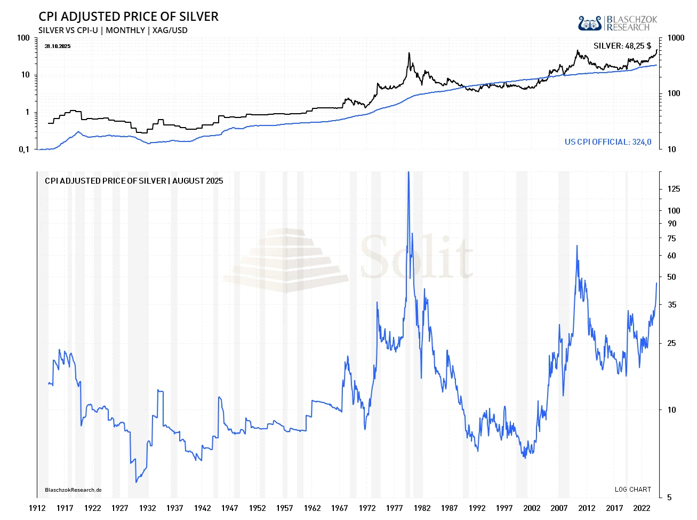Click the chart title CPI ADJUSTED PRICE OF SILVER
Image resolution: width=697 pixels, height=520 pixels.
tap(129, 17)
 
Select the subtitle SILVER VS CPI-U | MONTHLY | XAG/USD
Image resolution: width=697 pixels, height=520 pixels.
tap(113, 30)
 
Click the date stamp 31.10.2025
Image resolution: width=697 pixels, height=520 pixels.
tap(58, 46)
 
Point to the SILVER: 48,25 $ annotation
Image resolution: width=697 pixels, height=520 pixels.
tap(622, 46)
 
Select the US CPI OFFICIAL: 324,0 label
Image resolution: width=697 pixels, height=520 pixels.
tap(608, 142)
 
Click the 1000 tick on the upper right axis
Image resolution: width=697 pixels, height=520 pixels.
tap(676, 38)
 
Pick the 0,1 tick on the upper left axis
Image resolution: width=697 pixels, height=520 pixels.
tap(24, 149)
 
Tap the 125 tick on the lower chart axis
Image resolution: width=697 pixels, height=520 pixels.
tap(674, 189)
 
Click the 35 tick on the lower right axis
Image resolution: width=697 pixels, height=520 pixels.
tap(671, 305)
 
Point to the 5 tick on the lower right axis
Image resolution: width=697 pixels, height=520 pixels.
tap(670, 498)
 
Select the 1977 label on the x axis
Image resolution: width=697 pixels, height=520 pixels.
tap(395, 508)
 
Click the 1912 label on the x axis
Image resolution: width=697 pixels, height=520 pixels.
tap(37, 508)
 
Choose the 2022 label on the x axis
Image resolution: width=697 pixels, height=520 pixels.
tap(642, 508)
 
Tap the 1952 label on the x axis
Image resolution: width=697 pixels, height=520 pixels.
tap(257, 508)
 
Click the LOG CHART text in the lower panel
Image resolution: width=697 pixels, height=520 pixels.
tap(632, 490)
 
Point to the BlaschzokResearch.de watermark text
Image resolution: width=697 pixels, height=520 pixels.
tap(73, 490)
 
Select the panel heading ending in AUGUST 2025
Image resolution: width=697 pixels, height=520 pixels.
tap(134, 181)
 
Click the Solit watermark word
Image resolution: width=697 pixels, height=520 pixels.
tap(416, 257)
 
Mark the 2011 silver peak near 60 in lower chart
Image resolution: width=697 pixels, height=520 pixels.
tap(576, 246)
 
